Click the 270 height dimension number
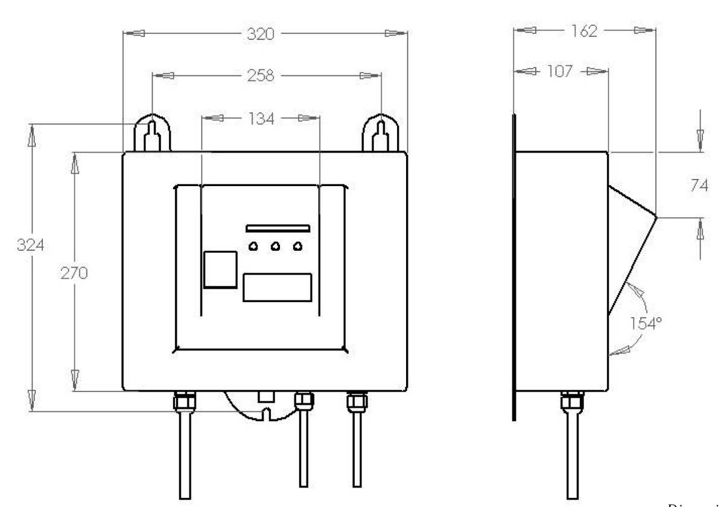pyautogui.click(x=74, y=273)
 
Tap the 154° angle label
pyautogui.click(x=647, y=322)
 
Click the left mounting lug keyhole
pyautogui.click(x=153, y=133)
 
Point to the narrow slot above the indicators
pyautogui.click(x=278, y=228)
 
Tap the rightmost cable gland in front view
pyautogui.click(x=355, y=399)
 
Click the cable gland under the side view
pyautogui.click(x=570, y=399)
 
